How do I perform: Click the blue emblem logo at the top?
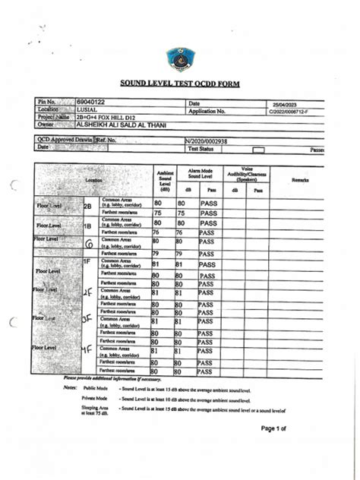[179, 58]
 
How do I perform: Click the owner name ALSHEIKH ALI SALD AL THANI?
[121, 125]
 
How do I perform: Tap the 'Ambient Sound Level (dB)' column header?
[164, 180]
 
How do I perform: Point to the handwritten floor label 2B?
[87, 206]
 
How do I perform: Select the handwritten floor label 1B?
[87, 226]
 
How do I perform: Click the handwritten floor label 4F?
[87, 351]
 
